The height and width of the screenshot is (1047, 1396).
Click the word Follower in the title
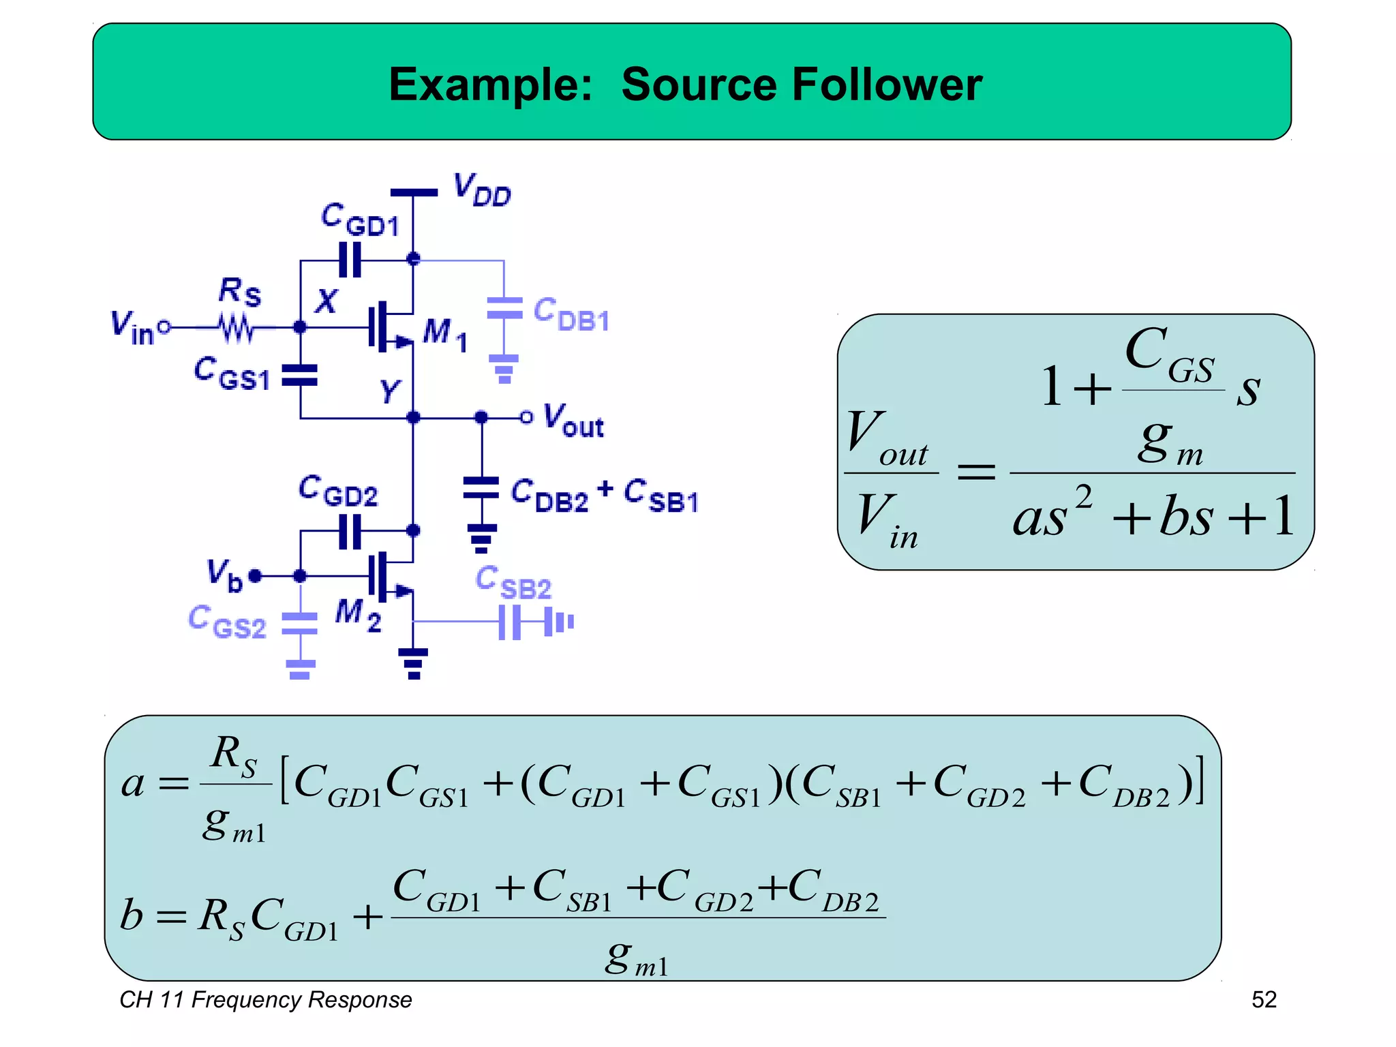coord(886,85)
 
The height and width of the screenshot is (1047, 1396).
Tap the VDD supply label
coord(482,190)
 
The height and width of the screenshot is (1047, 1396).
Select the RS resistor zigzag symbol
coord(236,329)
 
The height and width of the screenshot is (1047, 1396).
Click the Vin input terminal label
coord(133,328)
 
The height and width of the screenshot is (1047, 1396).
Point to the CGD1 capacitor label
coord(360,219)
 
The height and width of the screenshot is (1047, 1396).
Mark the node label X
coord(327,301)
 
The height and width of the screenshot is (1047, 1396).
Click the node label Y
coord(390,391)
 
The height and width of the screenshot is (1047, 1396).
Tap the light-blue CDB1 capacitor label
coord(571,315)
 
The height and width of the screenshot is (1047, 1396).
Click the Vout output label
coord(573,420)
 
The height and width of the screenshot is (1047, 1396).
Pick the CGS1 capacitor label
coord(232,374)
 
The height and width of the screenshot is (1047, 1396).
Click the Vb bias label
coord(224,575)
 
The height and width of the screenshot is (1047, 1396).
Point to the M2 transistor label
coord(358,615)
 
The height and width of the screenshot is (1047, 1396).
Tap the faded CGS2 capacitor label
coord(226,622)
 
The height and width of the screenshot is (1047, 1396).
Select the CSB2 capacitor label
coord(513,583)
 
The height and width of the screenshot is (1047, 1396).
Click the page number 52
coord(1263,999)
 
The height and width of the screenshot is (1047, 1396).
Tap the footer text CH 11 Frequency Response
coord(266,999)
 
